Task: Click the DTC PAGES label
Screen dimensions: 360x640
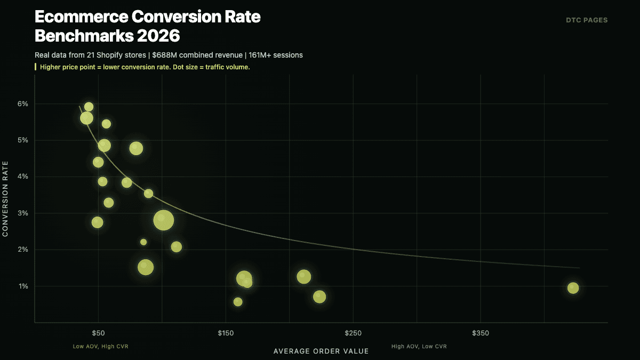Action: (x=587, y=20)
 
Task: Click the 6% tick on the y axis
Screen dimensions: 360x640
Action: (x=23, y=104)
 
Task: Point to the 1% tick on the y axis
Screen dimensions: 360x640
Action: (x=23, y=286)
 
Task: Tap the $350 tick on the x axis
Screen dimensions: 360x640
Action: (x=480, y=333)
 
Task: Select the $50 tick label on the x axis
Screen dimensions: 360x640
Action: (x=98, y=333)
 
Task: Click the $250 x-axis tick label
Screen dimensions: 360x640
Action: (x=353, y=333)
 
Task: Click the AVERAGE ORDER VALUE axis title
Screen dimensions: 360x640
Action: (x=321, y=351)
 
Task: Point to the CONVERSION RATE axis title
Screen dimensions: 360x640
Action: (x=6, y=199)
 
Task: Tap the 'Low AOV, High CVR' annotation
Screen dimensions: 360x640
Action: (x=100, y=346)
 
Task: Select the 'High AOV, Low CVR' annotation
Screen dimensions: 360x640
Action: (x=419, y=346)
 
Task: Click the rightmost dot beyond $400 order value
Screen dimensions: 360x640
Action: (x=573, y=288)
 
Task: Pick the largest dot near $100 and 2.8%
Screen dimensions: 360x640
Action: (x=164, y=220)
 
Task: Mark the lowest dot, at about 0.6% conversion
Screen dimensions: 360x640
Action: (x=238, y=302)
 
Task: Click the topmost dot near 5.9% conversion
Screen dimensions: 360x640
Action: (x=89, y=107)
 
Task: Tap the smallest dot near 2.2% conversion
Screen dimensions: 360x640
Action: (x=143, y=242)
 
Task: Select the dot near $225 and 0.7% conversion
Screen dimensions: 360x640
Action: (x=319, y=297)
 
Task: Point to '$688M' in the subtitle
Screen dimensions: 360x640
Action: (x=163, y=55)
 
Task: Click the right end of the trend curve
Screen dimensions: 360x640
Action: (x=579, y=268)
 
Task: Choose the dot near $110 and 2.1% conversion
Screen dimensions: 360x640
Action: (x=177, y=246)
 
